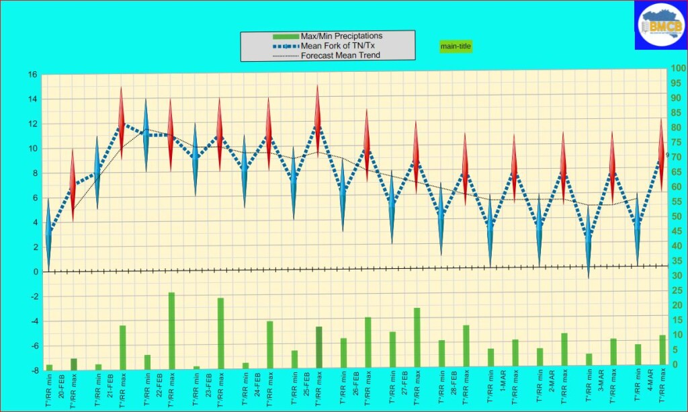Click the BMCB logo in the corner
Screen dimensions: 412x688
pyautogui.click(x=660, y=25)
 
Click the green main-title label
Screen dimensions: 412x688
pyautogui.click(x=456, y=46)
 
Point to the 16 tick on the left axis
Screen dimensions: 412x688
pyautogui.click(x=32, y=75)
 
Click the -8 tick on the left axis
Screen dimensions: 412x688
pyautogui.click(x=32, y=370)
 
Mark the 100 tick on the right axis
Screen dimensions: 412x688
pyautogui.click(x=678, y=69)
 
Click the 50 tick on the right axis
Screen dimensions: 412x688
pyautogui.click(x=678, y=216)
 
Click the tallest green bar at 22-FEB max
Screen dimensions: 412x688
pyautogui.click(x=171, y=331)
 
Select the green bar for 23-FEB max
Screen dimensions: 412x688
pyautogui.click(x=220, y=333)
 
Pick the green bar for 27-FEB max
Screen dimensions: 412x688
pyautogui.click(x=417, y=338)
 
